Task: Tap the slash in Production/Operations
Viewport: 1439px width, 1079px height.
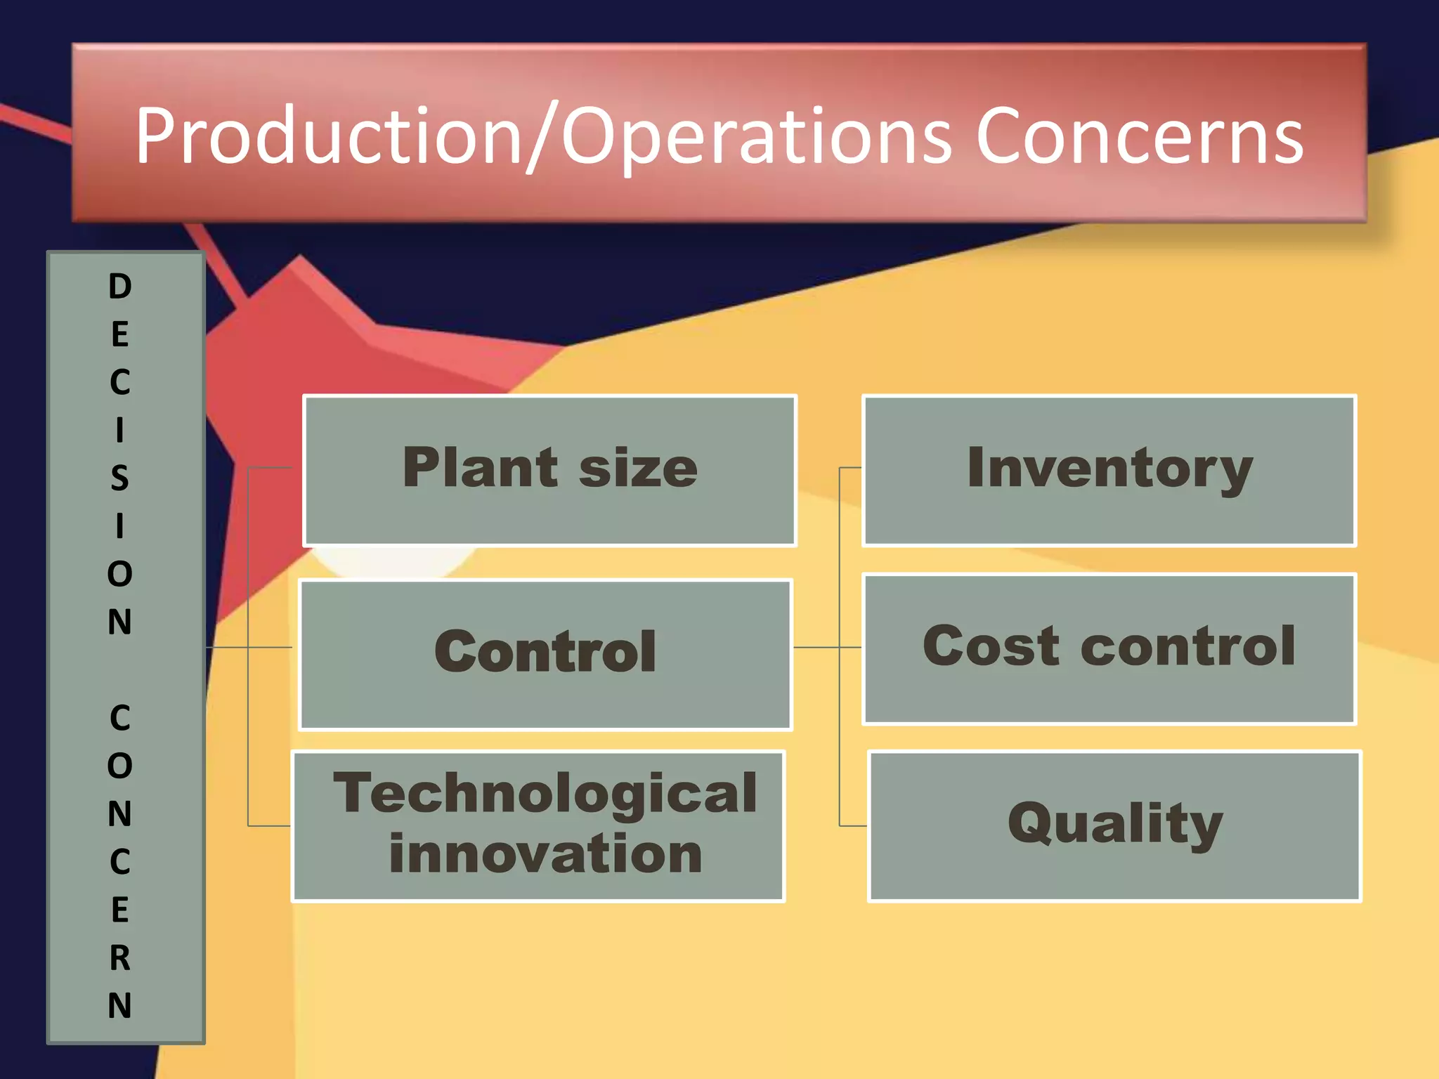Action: point(542,137)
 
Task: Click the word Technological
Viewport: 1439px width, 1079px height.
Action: point(545,793)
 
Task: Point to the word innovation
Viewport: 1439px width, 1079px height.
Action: point(545,854)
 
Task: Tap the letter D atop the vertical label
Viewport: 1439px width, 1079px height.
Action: point(120,287)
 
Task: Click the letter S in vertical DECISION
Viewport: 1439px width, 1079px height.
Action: point(120,478)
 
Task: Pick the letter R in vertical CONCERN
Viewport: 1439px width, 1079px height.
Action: point(120,957)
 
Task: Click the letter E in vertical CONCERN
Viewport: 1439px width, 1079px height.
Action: point(120,910)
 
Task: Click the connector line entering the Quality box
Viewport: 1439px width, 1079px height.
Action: point(853,825)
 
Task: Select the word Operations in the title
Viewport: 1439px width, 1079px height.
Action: point(756,137)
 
